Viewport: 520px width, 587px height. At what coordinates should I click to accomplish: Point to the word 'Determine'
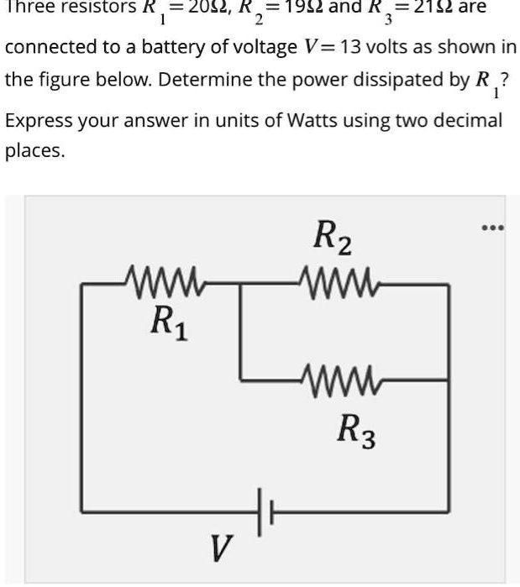199,82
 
